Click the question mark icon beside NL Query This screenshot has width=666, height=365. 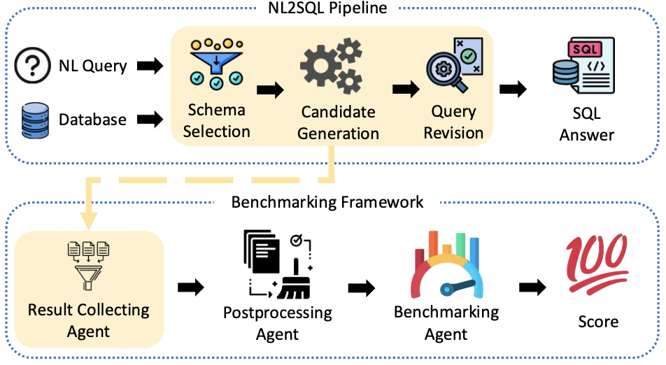[x=31, y=66]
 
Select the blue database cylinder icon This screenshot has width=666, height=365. [x=31, y=119]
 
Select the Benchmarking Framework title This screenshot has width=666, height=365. [x=327, y=202]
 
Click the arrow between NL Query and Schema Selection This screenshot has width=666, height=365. [x=149, y=66]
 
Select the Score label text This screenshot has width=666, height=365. [x=598, y=322]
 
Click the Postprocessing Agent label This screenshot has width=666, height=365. [x=277, y=322]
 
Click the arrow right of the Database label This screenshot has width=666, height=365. [x=149, y=120]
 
